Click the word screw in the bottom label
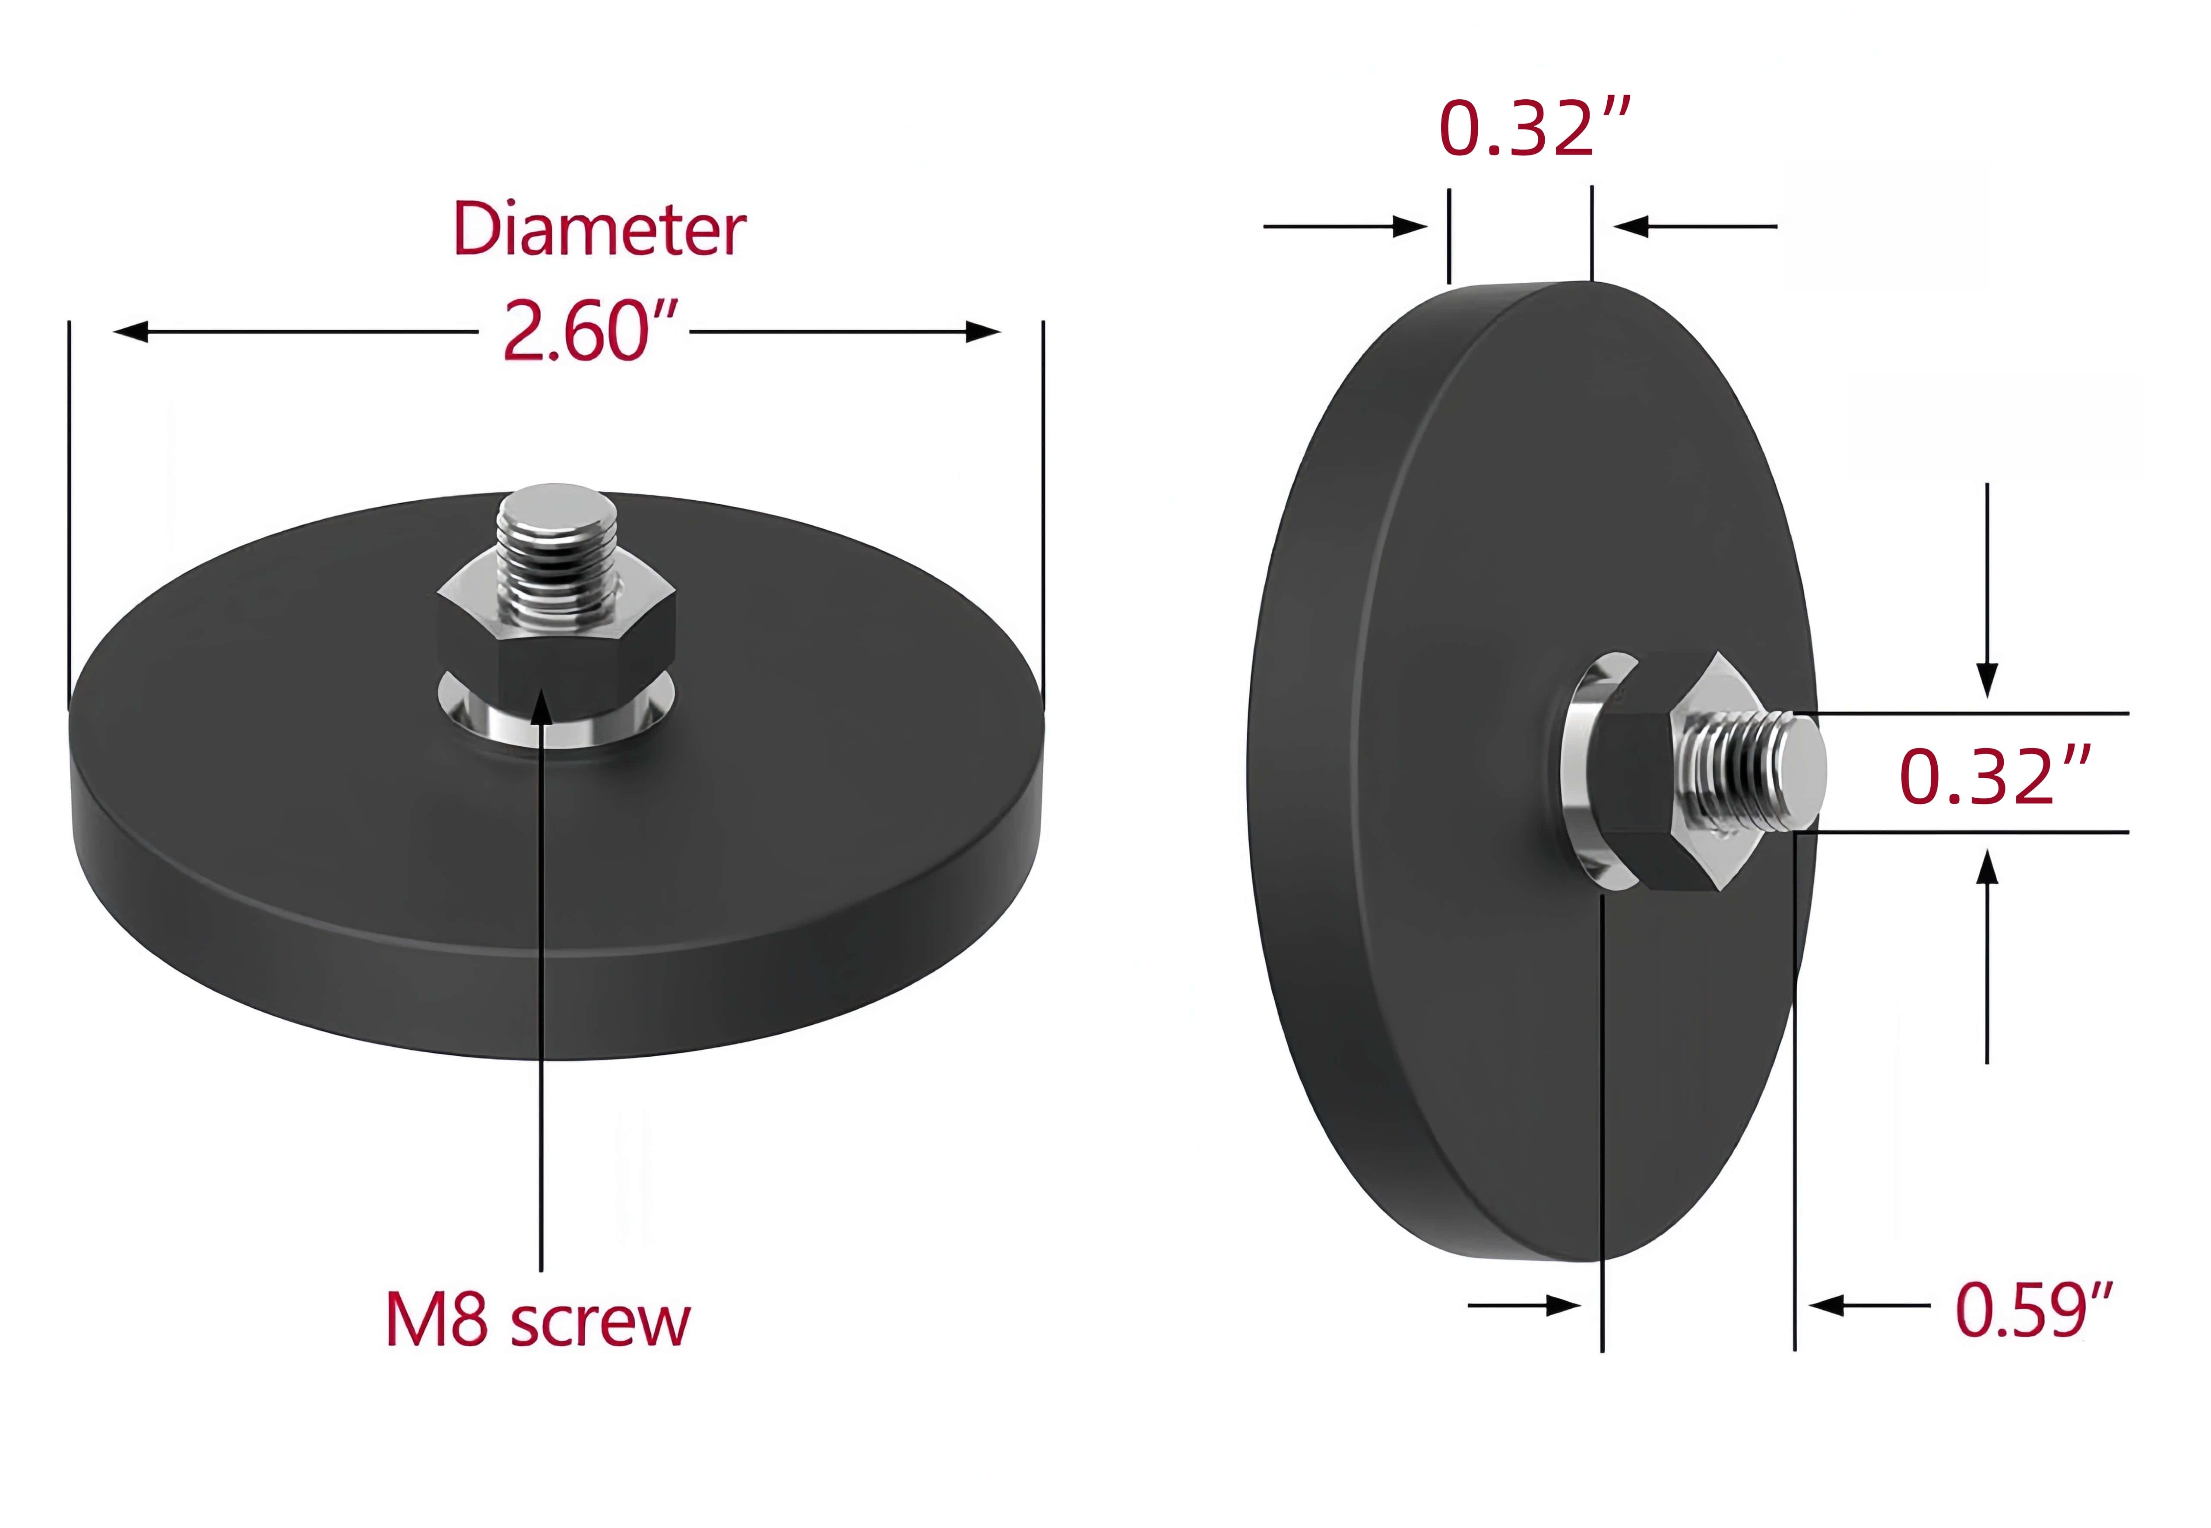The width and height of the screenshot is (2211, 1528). click(600, 1323)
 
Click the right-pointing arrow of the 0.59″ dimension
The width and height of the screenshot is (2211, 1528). click(1563, 1306)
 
